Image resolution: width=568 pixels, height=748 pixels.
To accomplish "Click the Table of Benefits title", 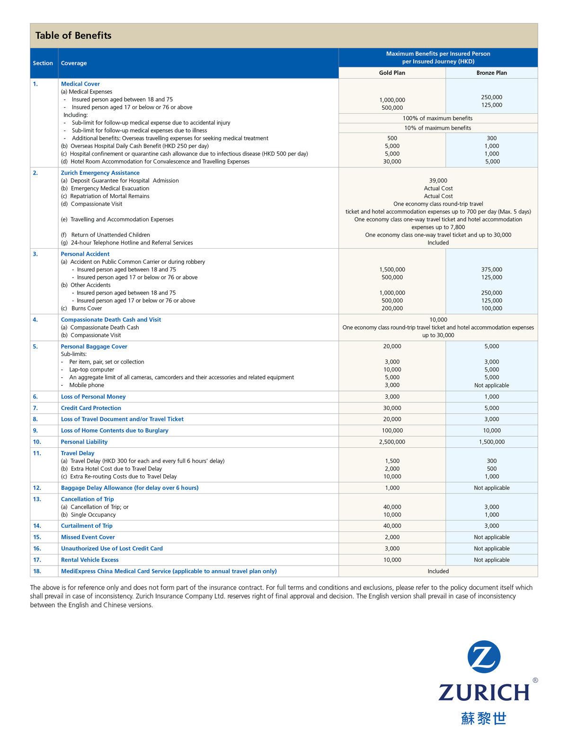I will coord(73,35).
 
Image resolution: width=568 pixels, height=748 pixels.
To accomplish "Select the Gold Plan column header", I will coord(392,73).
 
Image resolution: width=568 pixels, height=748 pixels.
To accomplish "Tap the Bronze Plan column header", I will coord(491,73).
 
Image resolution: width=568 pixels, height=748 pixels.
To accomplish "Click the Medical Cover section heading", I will coord(80,84).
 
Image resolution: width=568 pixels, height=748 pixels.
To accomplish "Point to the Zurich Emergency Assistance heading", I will coord(100,173).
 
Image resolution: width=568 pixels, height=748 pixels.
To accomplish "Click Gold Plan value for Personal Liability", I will coord(392,442).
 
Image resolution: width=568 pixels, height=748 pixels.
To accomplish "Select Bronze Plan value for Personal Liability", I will coord(491,442).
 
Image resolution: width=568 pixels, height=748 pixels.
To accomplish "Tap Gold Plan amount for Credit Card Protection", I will coord(392,408).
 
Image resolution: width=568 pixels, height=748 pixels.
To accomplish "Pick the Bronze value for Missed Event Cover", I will coord(491,537).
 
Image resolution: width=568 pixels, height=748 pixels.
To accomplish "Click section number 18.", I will coord(37,571).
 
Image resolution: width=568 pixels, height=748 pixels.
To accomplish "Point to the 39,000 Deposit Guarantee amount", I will coord(438,181).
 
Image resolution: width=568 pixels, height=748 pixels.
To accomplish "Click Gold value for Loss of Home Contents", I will coord(392,431).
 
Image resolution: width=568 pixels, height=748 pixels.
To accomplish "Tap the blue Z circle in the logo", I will coord(484,657).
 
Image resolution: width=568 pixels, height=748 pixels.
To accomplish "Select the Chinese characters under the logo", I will coord(484,719).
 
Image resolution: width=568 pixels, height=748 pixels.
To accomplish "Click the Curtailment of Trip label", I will coord(87,526).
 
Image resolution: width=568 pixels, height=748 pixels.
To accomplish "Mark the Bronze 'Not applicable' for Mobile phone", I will coord(491,385).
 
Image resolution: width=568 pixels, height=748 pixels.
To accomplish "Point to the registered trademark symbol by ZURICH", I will coord(535,680).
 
